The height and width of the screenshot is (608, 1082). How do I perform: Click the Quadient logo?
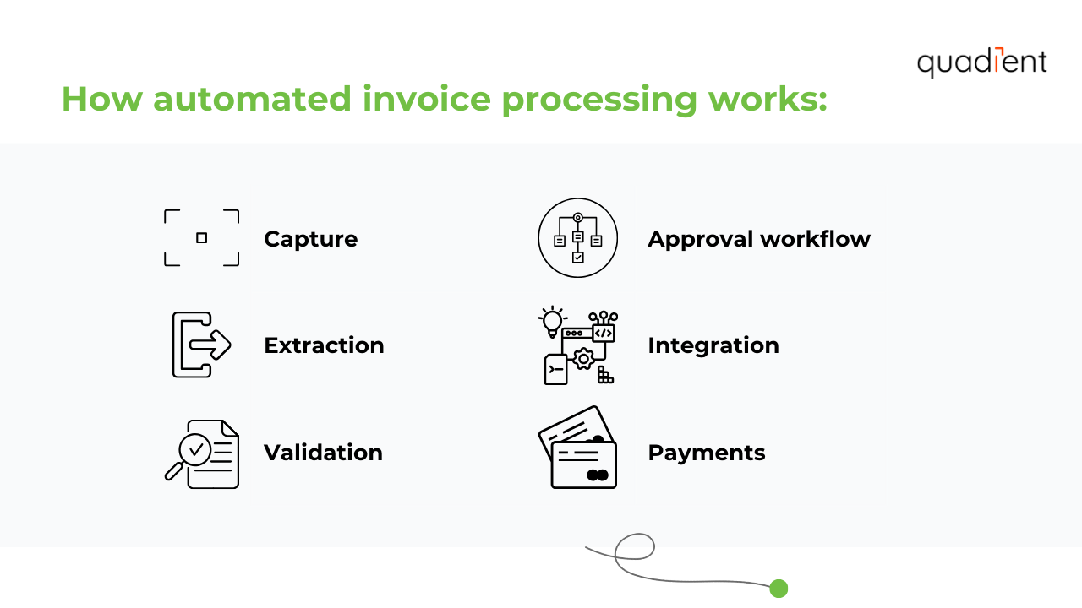click(981, 62)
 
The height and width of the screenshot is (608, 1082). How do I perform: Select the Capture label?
click(310, 239)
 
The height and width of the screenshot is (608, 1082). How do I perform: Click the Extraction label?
click(324, 345)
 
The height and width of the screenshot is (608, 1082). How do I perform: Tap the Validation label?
click(323, 453)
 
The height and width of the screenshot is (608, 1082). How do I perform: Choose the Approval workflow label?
click(758, 239)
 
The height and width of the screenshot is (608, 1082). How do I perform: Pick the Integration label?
click(713, 345)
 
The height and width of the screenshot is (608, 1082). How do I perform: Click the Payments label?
click(706, 453)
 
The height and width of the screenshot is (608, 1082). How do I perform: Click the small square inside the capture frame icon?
click(201, 238)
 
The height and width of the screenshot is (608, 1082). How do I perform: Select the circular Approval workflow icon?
click(577, 238)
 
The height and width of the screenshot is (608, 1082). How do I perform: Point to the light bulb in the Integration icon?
click(552, 321)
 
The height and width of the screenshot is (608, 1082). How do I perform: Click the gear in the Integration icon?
click(582, 359)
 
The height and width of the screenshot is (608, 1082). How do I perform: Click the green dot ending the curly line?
click(779, 589)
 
